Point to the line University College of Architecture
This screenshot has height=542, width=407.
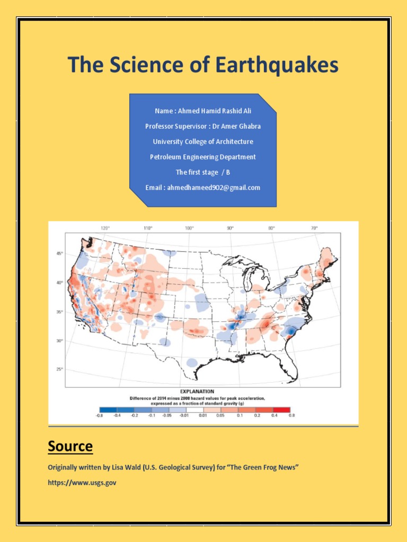pyautogui.click(x=203, y=142)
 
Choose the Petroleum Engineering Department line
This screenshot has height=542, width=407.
pyautogui.click(x=203, y=157)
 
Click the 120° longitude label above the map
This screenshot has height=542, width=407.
pyautogui.click(x=105, y=228)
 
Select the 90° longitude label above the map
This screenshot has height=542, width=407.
pyautogui.click(x=230, y=228)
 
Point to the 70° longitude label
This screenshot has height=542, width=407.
pyautogui.click(x=314, y=228)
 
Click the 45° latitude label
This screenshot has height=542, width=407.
pyautogui.click(x=59, y=254)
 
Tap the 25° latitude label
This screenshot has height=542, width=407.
pyautogui.click(x=59, y=369)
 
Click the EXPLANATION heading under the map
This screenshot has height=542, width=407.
pyautogui.click(x=203, y=392)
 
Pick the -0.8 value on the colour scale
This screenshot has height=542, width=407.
pyautogui.click(x=99, y=416)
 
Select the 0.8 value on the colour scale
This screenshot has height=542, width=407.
pyautogui.click(x=291, y=416)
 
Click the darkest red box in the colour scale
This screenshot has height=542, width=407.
pyautogui.click(x=282, y=409)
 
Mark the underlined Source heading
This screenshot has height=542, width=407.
pyautogui.click(x=70, y=446)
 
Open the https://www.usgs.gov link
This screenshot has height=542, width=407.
pyautogui.click(x=82, y=482)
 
